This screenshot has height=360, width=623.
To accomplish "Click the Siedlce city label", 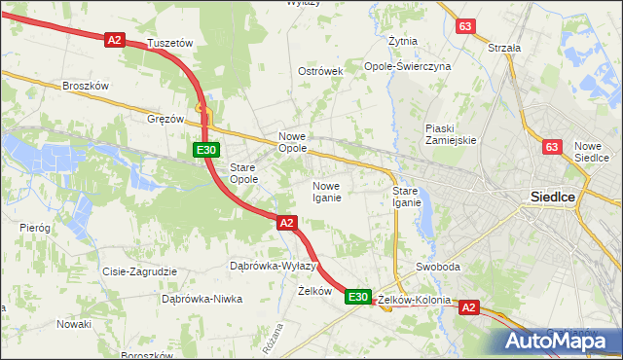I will pos(552,196).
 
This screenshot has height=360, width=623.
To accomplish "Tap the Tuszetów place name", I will pos(170,44).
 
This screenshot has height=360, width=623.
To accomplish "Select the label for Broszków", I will pos(85,86).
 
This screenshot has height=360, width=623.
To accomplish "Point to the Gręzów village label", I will pos(165,119).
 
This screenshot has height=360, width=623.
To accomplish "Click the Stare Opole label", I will pos(242,173).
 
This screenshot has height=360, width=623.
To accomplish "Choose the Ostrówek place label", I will pos(320,72).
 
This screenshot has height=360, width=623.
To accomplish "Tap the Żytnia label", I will pos(402,42).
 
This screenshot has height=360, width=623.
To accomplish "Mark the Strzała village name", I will pos(504,47).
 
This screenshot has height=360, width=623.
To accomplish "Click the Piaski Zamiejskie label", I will pos(451,134).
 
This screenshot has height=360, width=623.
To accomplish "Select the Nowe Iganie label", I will pos(326,192).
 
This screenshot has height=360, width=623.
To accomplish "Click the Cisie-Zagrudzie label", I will pos(139,271).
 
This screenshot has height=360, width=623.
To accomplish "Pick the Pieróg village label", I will pos(35,227).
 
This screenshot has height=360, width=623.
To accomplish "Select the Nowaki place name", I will pos(73,324).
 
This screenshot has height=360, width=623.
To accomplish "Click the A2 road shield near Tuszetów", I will pos(115,39).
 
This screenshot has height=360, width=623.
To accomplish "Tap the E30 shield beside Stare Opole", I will pos(204,150).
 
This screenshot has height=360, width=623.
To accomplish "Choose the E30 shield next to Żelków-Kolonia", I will pos(358,297).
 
